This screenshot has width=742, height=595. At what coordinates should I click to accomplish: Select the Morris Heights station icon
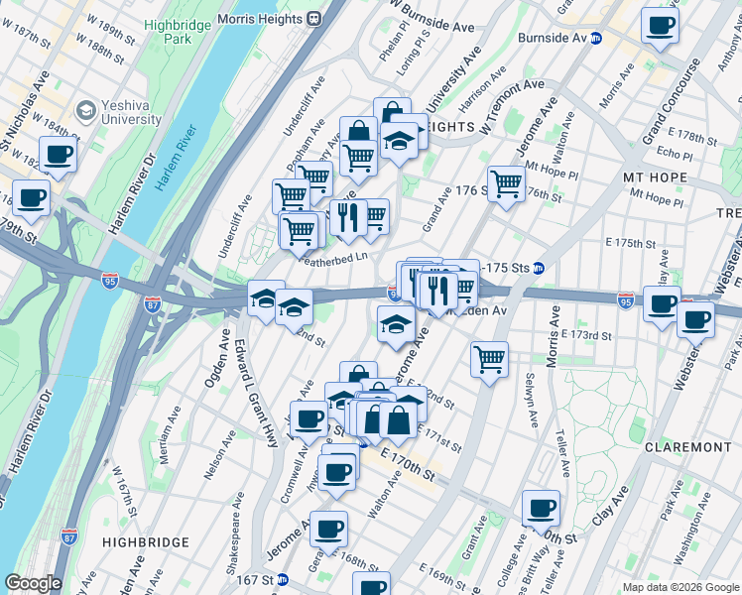click(x=313, y=17)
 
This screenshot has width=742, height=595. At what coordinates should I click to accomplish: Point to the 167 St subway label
click(x=259, y=579)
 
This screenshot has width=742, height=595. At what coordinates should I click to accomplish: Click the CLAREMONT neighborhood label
click(x=687, y=447)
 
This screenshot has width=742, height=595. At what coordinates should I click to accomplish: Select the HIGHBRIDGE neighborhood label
click(x=146, y=542)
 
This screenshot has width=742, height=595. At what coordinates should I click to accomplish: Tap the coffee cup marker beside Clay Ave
click(x=541, y=509)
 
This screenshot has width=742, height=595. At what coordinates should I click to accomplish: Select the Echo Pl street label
click(x=675, y=155)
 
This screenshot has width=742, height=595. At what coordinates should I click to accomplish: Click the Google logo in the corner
click(x=33, y=583)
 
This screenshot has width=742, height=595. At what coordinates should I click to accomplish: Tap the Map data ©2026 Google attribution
click(x=680, y=587)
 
